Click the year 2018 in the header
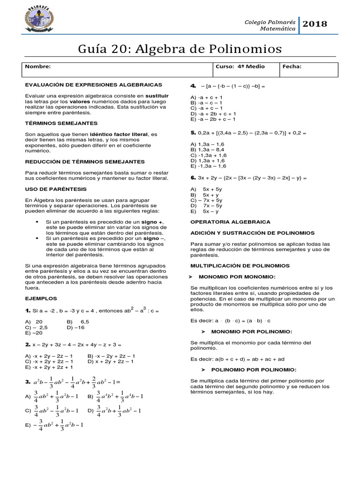tap(315, 24)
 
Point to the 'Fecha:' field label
tap(292, 67)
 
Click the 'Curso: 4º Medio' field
tap(240, 67)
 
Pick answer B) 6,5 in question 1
tap(78, 322)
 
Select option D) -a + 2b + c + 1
tap(213, 113)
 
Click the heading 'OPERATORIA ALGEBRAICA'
tap(230, 221)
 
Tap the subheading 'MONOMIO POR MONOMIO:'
tap(237, 277)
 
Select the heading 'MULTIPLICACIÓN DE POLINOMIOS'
tap(240, 266)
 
